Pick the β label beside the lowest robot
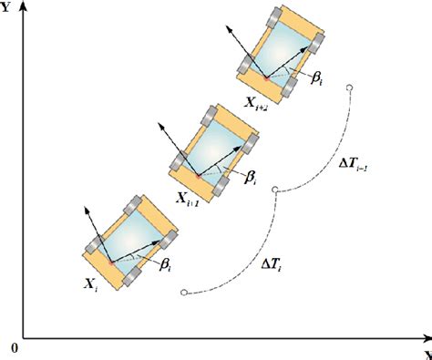point(166,265)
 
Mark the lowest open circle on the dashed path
point(184,293)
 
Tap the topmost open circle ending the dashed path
point(349,87)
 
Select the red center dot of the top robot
point(266,77)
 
